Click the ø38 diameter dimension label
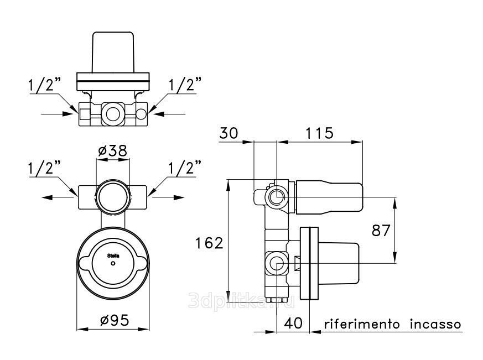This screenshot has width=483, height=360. (113, 151)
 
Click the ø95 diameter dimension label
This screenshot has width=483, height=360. (115, 321)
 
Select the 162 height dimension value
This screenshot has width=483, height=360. (209, 243)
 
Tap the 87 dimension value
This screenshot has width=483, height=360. (381, 231)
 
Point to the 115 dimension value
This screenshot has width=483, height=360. (319, 133)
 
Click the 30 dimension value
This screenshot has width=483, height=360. (229, 133)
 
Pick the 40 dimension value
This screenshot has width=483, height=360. (293, 324)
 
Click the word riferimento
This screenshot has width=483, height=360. (362, 324)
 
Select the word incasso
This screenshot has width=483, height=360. (435, 324)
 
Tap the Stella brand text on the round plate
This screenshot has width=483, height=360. (113, 255)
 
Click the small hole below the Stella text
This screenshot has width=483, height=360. (113, 263)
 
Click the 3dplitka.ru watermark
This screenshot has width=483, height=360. (241, 301)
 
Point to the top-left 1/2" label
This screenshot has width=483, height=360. (44, 85)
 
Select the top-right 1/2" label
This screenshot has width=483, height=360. (185, 85)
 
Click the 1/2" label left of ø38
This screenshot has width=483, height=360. (44, 168)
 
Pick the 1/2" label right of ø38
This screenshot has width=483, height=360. (185, 168)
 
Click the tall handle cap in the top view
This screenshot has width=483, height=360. (113, 52)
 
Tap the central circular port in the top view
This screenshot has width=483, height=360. (113, 114)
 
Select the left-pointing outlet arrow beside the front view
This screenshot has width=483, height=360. (59, 197)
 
